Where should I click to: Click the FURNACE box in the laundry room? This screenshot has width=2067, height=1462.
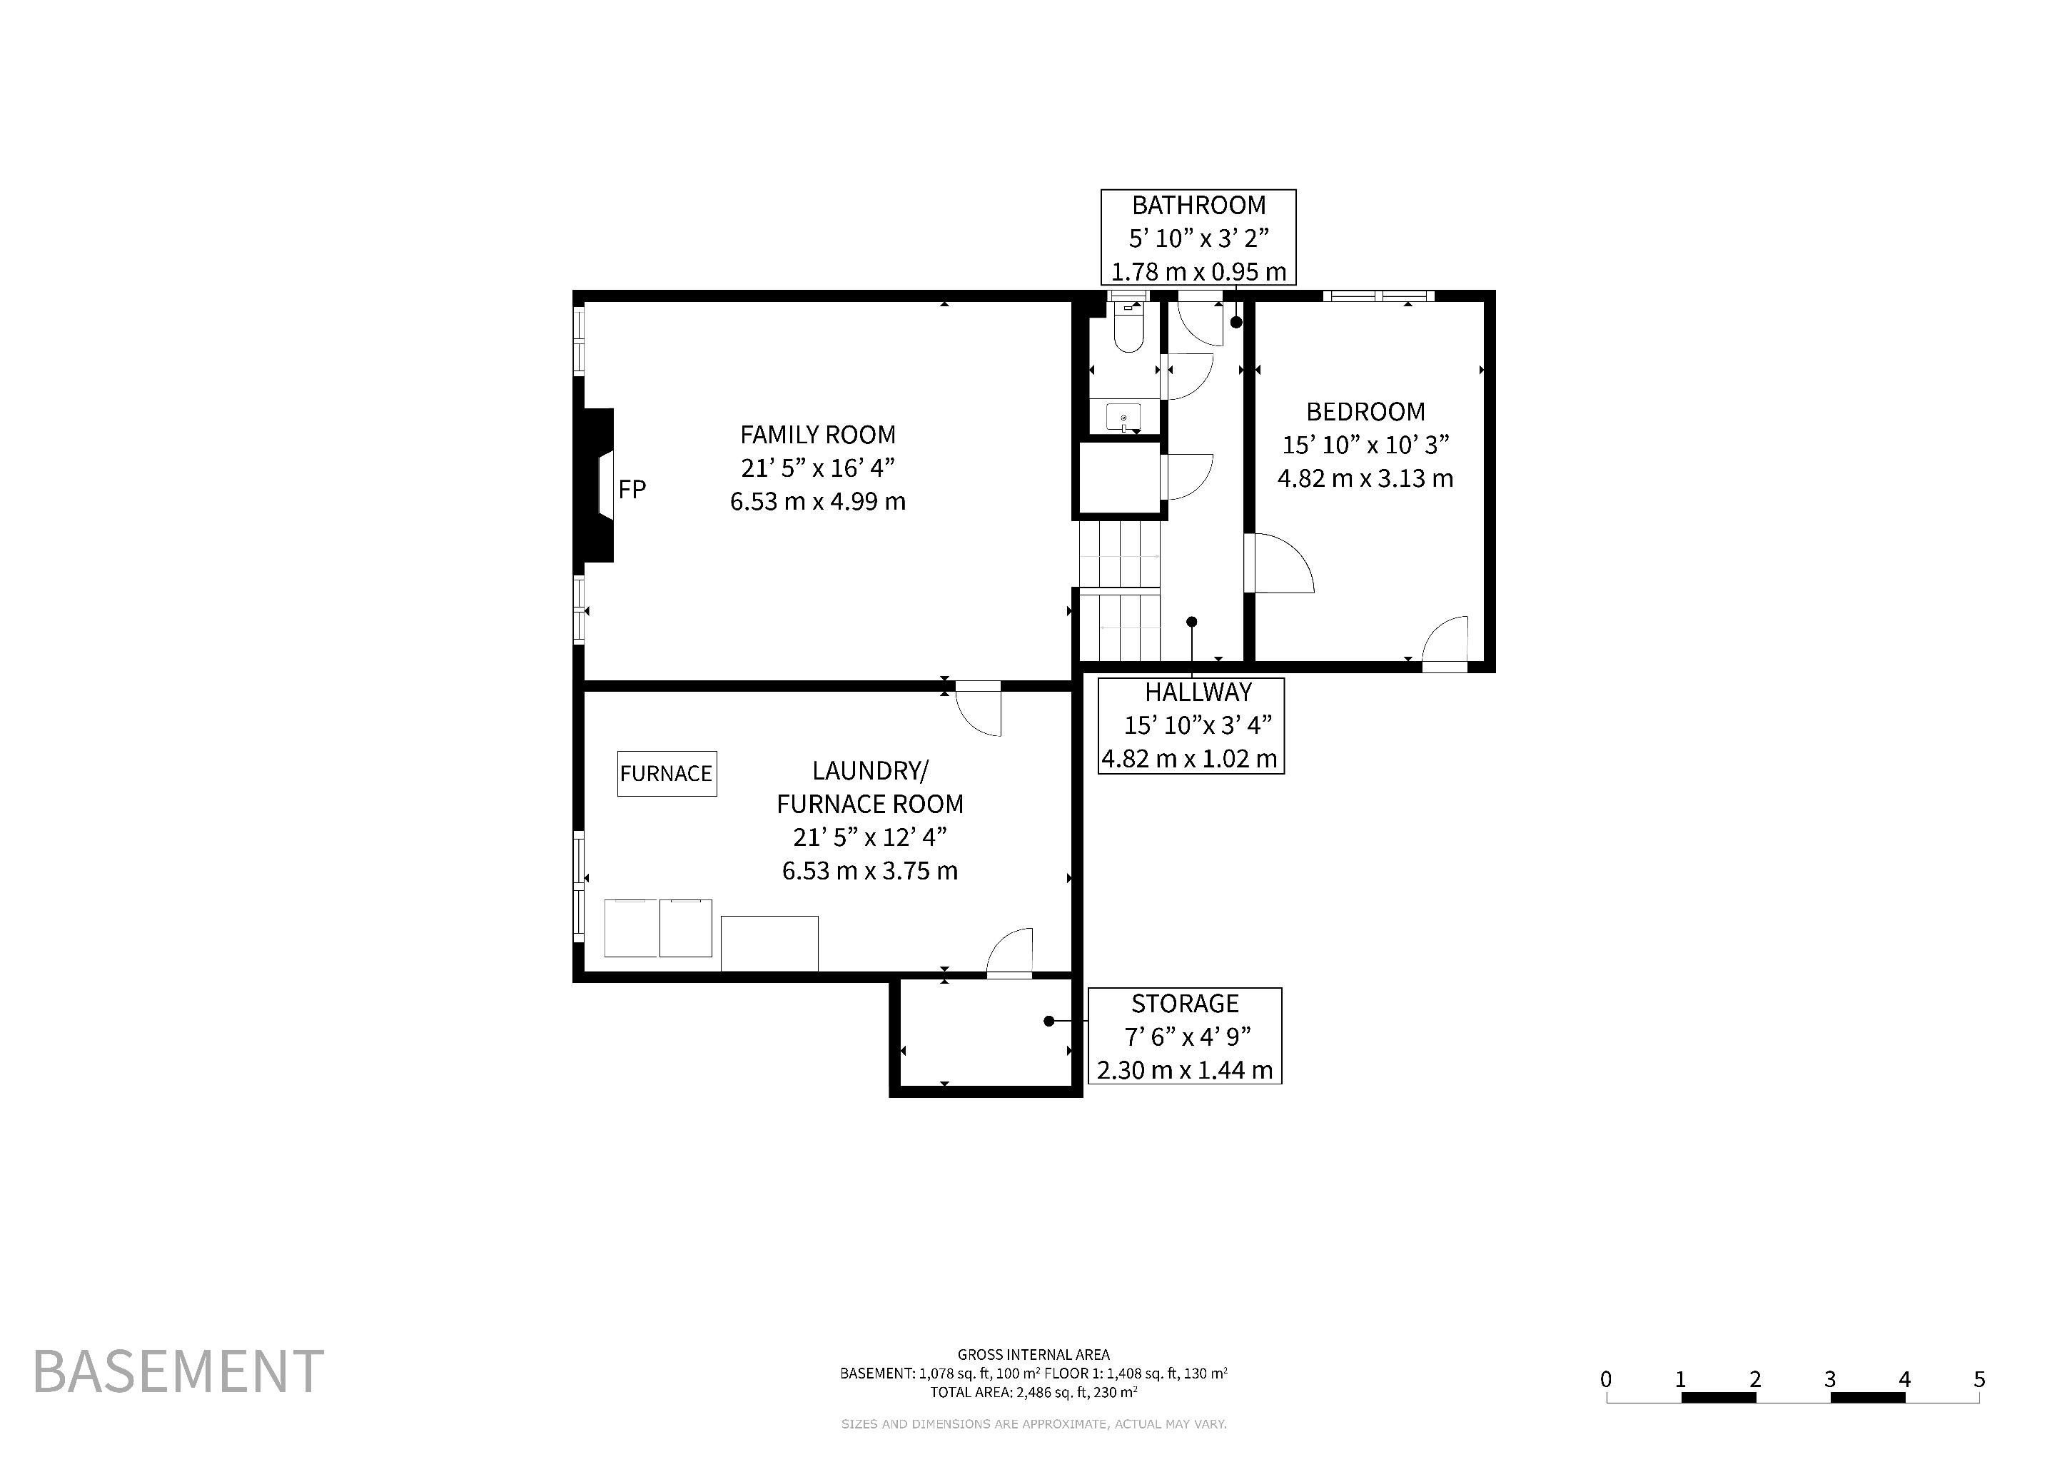pyautogui.click(x=667, y=773)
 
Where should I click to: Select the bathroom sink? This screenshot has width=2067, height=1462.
pyautogui.click(x=1123, y=418)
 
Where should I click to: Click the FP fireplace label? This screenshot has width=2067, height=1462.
pyautogui.click(x=632, y=489)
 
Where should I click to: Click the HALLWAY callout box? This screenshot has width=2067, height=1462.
pyautogui.click(x=1191, y=725)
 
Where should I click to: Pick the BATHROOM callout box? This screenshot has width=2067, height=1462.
pyautogui.click(x=1198, y=238)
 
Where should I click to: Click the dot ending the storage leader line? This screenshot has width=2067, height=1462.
pyautogui.click(x=1048, y=1021)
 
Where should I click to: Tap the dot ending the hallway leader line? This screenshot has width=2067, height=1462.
pyautogui.click(x=1192, y=621)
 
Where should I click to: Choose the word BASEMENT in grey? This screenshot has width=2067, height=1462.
pyautogui.click(x=178, y=1371)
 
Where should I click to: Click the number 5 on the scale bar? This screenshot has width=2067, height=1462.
pyautogui.click(x=1978, y=1378)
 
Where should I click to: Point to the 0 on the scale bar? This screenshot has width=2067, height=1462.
pyautogui.click(x=1606, y=1378)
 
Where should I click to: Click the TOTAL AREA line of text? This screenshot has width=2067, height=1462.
pyautogui.click(x=1033, y=1392)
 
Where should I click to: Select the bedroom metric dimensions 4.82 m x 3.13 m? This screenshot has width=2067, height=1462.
pyautogui.click(x=1365, y=478)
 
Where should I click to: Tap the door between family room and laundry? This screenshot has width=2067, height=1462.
pyautogui.click(x=979, y=708)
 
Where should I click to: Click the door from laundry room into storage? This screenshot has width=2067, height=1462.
pyautogui.click(x=1009, y=952)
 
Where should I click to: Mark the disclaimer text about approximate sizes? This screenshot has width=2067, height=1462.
pyautogui.click(x=1033, y=1424)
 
